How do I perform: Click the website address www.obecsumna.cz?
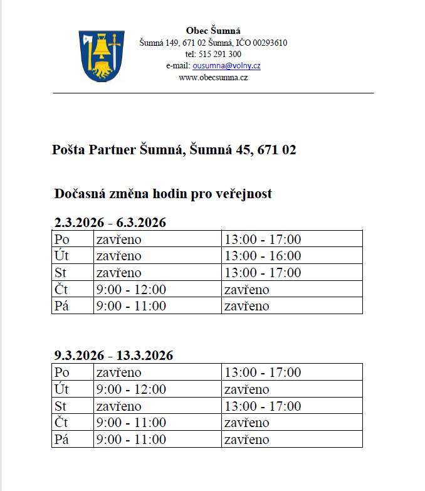(x=213, y=77)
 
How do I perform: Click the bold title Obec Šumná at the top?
(x=213, y=31)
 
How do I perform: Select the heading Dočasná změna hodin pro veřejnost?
(x=164, y=194)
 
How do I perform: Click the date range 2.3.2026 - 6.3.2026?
(x=110, y=223)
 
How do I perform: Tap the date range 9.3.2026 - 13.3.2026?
(x=113, y=356)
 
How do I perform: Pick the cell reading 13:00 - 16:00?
(x=263, y=256)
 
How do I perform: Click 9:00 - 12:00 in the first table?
(x=131, y=290)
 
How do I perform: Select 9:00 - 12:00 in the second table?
(x=131, y=389)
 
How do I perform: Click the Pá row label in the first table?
(x=61, y=306)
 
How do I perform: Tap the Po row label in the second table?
(x=62, y=372)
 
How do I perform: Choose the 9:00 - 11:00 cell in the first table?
(x=131, y=306)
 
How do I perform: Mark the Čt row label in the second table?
(x=61, y=423)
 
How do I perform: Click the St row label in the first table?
(x=61, y=273)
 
